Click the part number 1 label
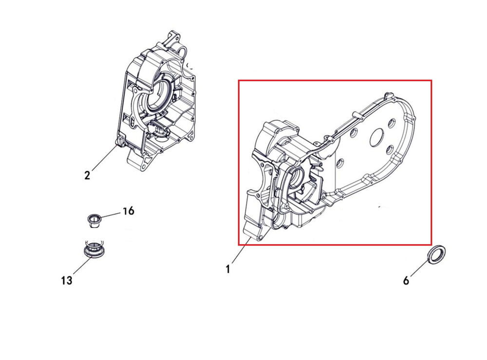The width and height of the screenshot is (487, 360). click(x=227, y=268)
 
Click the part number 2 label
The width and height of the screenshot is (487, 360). click(x=87, y=175)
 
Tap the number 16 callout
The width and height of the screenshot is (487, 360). click(x=128, y=211)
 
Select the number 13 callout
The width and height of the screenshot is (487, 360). click(x=67, y=280)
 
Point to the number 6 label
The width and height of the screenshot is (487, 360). click(x=406, y=281)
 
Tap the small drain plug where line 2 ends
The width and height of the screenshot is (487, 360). click(x=118, y=142)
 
